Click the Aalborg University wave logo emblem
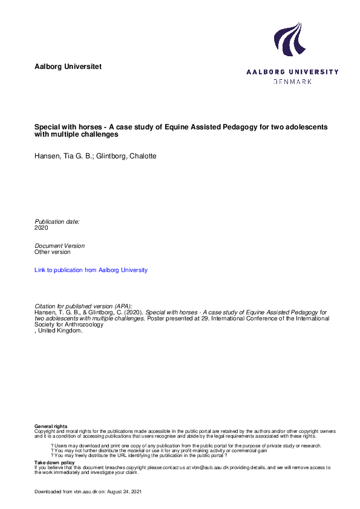(x=288, y=40)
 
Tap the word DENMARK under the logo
(x=292, y=82)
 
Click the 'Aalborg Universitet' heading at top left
(x=68, y=65)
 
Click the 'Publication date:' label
(x=57, y=222)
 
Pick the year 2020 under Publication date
(x=42, y=228)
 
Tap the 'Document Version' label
(x=60, y=246)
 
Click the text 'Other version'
(x=53, y=252)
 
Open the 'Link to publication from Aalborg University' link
(x=91, y=270)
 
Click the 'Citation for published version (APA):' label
(x=83, y=306)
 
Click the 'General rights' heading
(x=51, y=427)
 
